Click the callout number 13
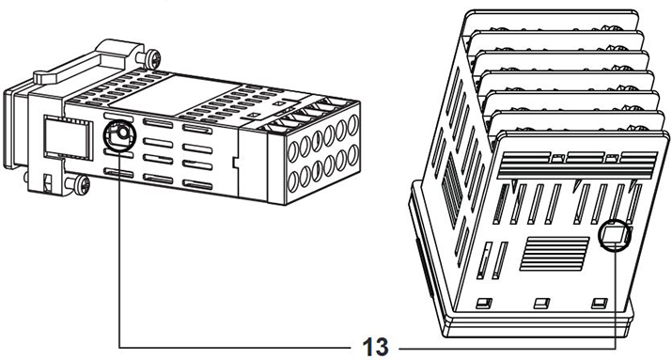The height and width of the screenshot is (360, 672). (x=374, y=343)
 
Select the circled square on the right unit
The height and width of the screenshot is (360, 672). (x=616, y=236)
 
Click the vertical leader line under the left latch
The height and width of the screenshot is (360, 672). (x=120, y=244)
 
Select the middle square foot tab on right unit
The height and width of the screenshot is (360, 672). (x=540, y=303)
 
